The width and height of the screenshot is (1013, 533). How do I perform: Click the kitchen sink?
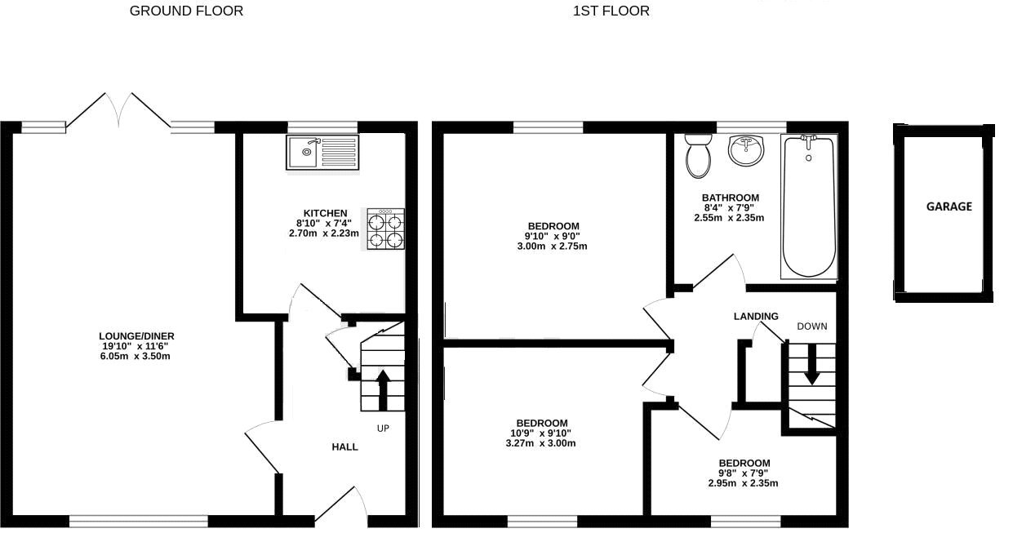point(322,153)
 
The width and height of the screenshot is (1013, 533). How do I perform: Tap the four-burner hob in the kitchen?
point(385,229)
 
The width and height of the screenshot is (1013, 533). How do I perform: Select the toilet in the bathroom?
point(698,155)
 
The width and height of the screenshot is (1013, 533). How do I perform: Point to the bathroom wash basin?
point(745,150)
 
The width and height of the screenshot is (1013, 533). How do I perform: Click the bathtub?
point(809,208)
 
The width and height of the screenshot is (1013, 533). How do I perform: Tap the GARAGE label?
point(949,207)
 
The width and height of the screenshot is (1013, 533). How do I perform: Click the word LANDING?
point(756,317)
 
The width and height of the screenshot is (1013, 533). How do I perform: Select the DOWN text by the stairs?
point(812,326)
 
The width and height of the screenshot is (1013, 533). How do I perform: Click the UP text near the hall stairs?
point(383,429)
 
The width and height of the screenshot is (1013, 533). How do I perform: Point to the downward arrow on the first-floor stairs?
point(811,364)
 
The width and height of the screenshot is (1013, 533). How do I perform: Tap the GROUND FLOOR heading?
point(186,11)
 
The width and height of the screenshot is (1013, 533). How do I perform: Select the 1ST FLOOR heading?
point(611,11)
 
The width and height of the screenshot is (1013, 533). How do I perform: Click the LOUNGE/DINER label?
point(136,336)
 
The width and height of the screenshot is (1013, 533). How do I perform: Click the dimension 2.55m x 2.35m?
point(729,218)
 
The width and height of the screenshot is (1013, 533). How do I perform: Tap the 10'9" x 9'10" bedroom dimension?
point(541,433)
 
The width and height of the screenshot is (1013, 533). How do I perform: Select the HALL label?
point(344,447)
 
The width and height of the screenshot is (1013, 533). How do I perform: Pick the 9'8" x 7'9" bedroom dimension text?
point(743,473)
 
